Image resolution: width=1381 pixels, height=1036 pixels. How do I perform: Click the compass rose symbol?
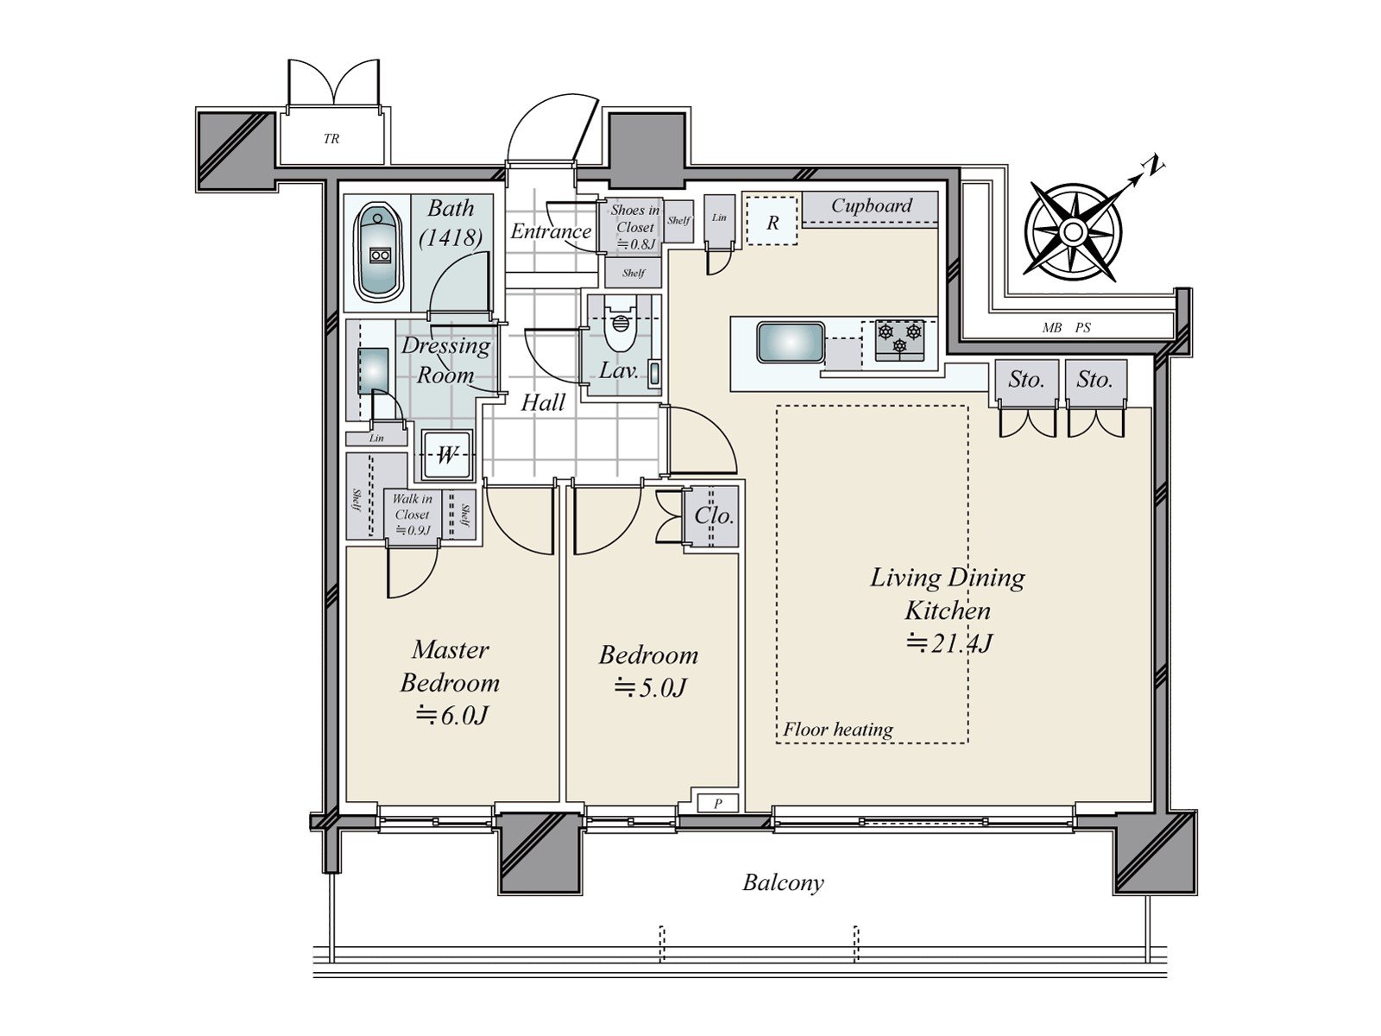(x=1073, y=232)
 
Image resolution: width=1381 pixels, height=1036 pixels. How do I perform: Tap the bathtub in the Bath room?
(x=378, y=251)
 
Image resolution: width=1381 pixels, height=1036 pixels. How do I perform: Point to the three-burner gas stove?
(x=899, y=338)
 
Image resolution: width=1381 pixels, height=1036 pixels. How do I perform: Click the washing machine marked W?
(x=446, y=455)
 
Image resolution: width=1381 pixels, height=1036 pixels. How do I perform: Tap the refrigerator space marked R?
(x=772, y=222)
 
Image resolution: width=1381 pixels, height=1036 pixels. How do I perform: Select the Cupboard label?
(x=871, y=206)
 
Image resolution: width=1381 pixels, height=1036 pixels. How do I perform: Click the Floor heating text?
(x=837, y=730)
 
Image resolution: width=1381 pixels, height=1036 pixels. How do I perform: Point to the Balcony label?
(x=783, y=882)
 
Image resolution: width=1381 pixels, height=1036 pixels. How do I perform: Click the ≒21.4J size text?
(x=949, y=643)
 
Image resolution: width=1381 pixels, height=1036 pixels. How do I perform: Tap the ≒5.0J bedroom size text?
(x=649, y=688)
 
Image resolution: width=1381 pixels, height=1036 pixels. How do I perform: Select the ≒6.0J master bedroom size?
(x=451, y=715)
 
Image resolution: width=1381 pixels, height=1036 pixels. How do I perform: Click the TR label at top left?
(x=331, y=138)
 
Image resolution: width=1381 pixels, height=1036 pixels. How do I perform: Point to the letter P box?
(x=717, y=804)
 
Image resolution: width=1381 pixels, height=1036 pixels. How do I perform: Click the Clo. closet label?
(x=714, y=516)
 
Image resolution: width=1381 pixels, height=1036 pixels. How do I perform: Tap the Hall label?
(x=543, y=402)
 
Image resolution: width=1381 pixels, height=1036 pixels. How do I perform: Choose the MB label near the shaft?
(x=1051, y=328)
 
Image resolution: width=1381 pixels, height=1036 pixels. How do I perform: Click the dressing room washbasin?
(x=373, y=370)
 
